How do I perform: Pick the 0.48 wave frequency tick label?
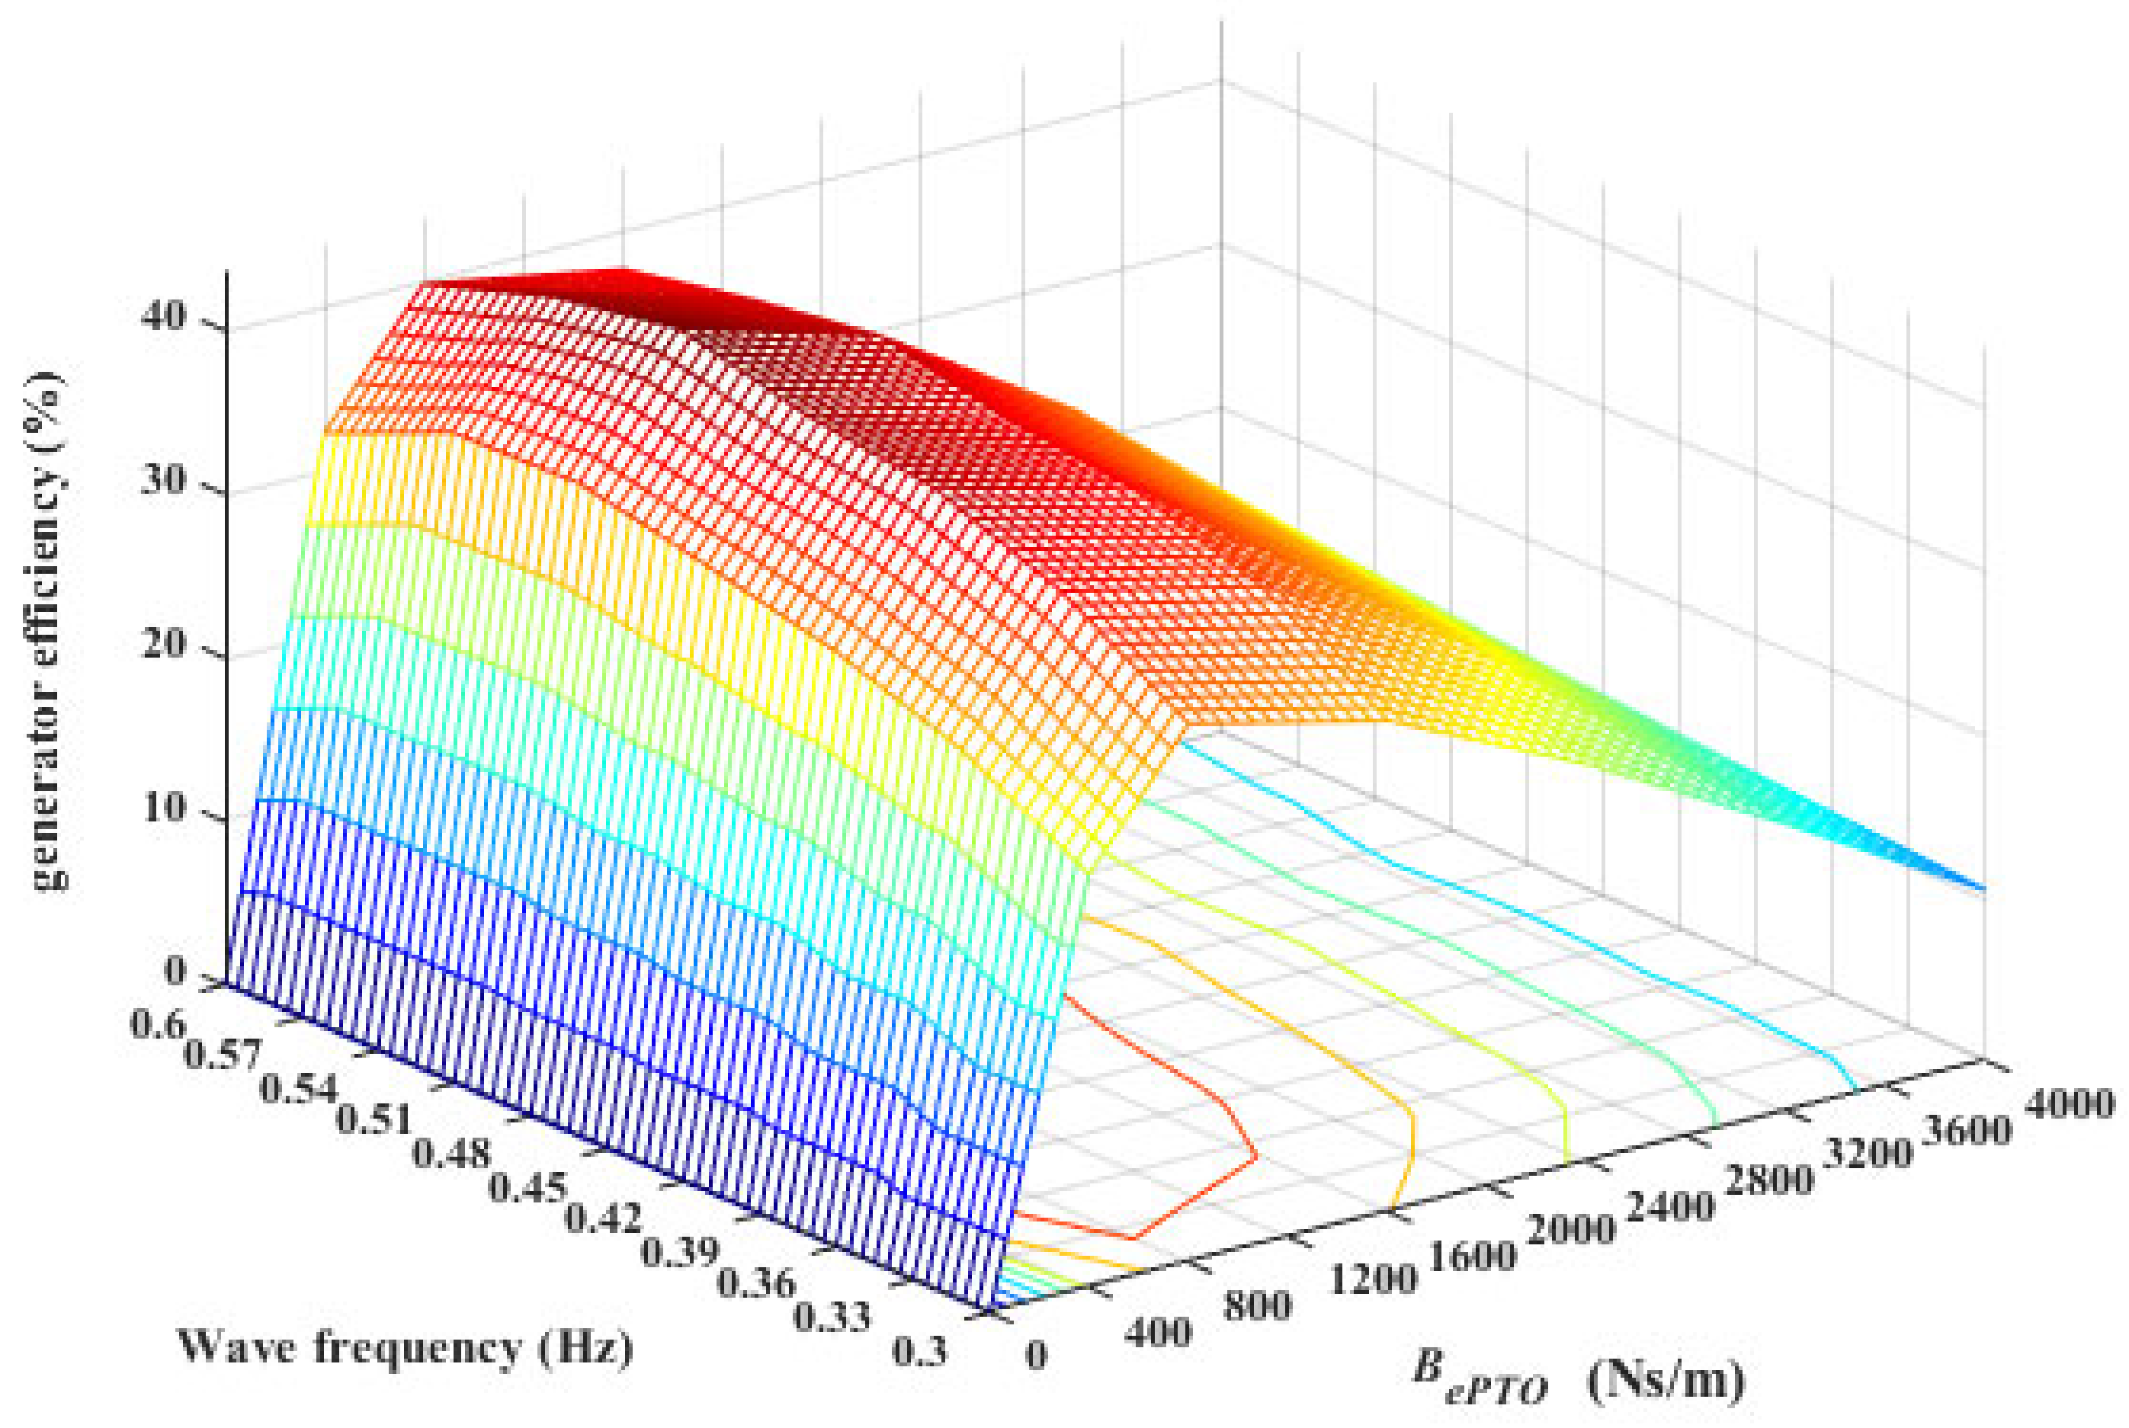point(451,1154)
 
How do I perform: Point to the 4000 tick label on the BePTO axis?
point(2067,1105)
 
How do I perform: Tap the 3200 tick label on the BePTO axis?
point(1868,1154)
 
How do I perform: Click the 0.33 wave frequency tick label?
point(832,1318)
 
